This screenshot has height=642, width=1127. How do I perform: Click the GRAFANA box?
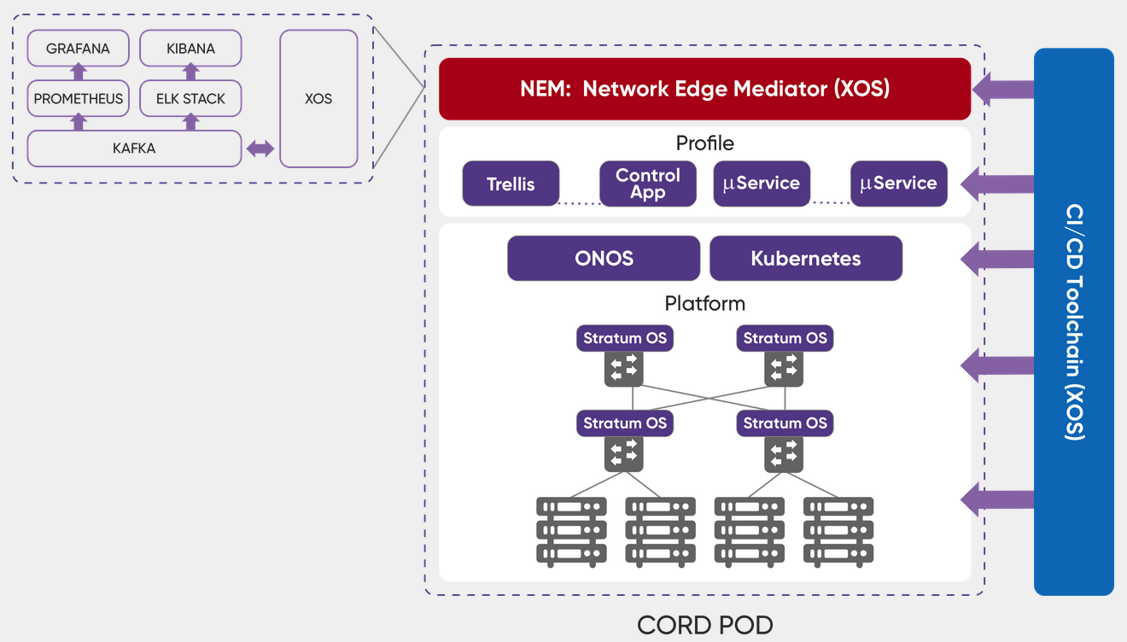tap(78, 49)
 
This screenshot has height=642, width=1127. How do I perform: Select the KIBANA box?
tap(190, 49)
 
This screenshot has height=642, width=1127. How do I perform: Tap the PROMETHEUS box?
tap(78, 99)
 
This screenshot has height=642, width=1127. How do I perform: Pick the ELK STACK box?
tap(190, 99)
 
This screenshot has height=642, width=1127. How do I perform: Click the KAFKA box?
tap(134, 149)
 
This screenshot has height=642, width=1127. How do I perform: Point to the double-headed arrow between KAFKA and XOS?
tap(260, 149)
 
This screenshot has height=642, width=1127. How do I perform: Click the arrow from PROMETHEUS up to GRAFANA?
tap(78, 73)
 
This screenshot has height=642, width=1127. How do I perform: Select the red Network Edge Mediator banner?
tap(704, 89)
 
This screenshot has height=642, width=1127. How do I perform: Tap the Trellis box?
tap(511, 184)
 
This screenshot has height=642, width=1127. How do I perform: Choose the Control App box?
tap(647, 184)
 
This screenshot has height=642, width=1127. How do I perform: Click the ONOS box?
tap(604, 259)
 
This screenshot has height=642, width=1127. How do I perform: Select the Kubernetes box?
tap(805, 259)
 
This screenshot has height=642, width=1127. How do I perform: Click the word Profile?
tap(704, 143)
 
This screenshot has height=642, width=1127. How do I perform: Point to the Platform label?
tap(704, 304)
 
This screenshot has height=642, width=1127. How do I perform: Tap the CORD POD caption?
tap(704, 625)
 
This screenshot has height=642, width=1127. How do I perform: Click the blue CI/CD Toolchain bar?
tap(1073, 321)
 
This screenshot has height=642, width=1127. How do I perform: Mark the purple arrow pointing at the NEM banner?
tap(1003, 89)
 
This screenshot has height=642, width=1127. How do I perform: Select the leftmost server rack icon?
tap(571, 531)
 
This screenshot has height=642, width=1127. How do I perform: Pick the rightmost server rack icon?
tap(838, 531)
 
